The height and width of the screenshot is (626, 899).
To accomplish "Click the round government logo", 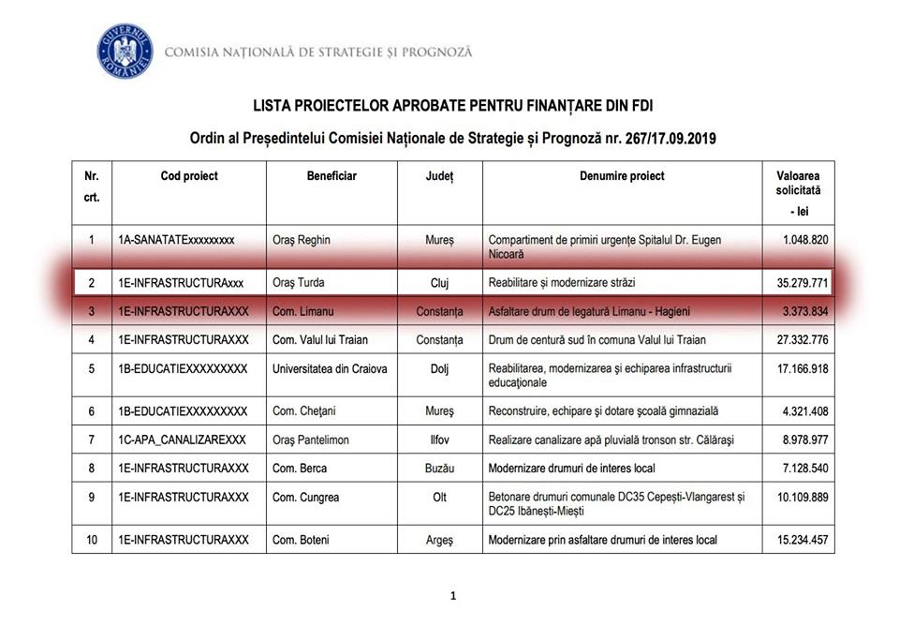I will pos(125,52).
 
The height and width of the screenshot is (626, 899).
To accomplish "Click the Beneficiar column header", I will pos(332,176).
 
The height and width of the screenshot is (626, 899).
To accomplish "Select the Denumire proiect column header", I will pos(622,176).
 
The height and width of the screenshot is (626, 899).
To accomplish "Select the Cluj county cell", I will pos(439,283).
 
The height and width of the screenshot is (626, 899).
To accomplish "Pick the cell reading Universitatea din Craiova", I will pos(329,368).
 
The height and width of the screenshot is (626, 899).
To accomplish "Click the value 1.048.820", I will pos(797,240).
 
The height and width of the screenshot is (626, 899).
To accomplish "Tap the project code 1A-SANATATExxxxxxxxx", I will pos(176,240).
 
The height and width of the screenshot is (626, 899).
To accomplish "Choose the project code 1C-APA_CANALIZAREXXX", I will pos(182,440).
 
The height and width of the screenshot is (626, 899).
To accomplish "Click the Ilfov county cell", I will pos(439,440).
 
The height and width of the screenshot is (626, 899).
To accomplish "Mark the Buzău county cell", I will pos(439,468).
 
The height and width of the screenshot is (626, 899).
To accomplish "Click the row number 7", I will pos(92,440).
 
